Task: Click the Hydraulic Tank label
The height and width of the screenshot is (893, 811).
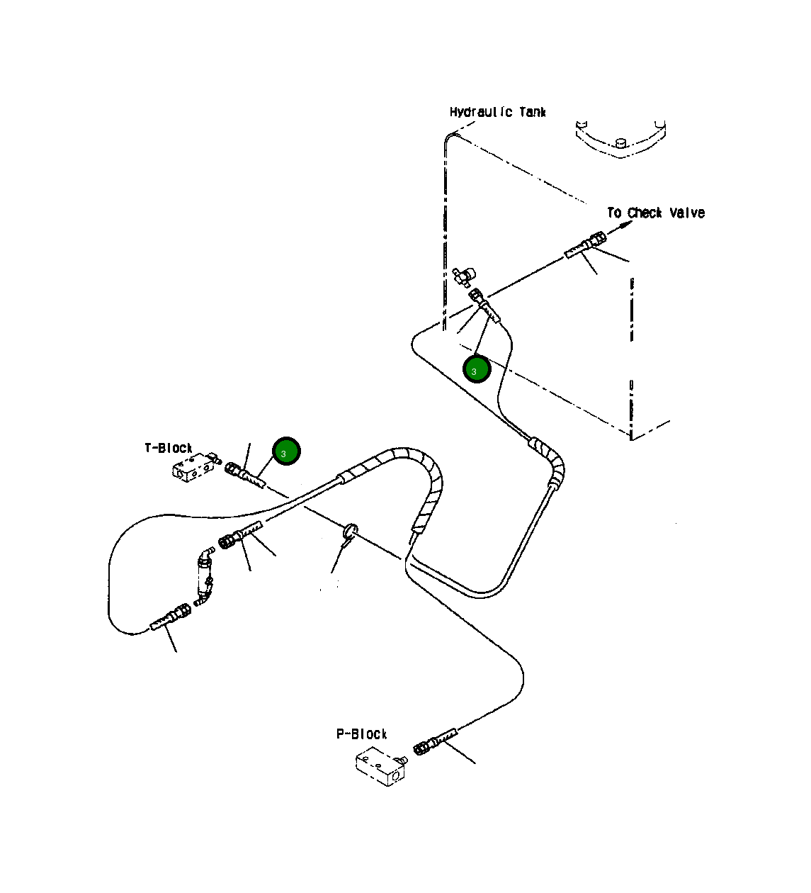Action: tap(497, 112)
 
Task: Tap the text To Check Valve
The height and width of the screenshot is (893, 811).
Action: tap(655, 213)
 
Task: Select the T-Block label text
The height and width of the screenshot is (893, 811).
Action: tap(169, 448)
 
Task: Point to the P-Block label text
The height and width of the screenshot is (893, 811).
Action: tap(361, 734)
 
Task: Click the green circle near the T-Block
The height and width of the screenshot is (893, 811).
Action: tap(286, 451)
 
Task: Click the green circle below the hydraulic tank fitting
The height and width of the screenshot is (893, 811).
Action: tap(477, 369)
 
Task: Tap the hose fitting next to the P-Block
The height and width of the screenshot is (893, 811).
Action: tap(435, 741)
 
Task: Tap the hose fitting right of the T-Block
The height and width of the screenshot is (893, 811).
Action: tap(244, 474)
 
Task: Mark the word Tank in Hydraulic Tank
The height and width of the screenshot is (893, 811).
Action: tap(532, 112)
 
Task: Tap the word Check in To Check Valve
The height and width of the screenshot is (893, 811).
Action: tap(645, 213)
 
